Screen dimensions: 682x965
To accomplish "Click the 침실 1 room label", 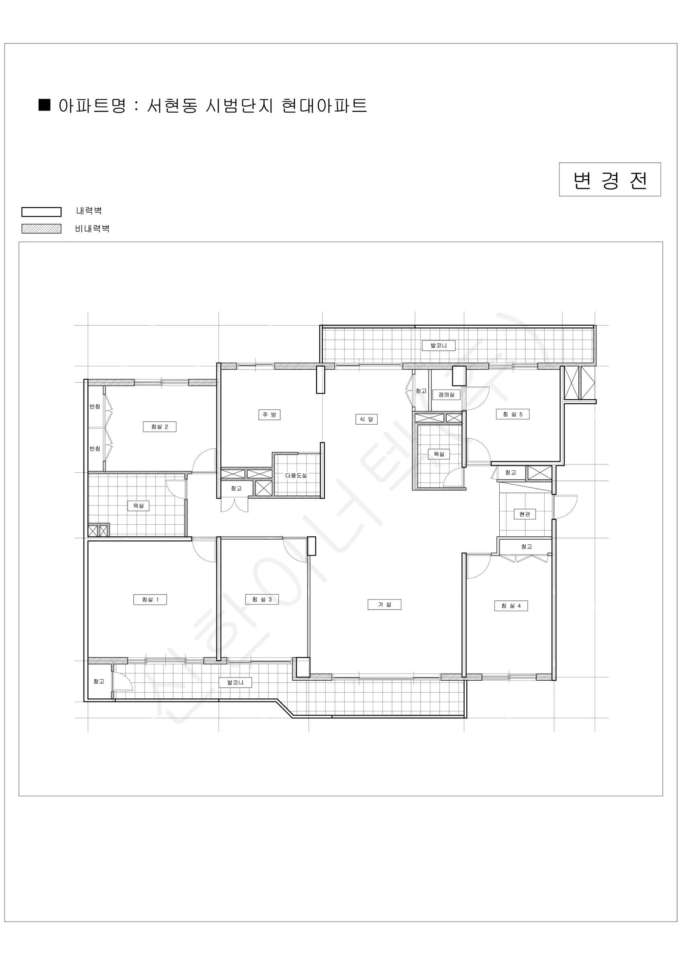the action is pyautogui.click(x=150, y=600).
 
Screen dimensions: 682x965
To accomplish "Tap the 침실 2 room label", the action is pyautogui.click(x=159, y=427).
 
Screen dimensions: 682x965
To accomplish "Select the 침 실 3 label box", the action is pyautogui.click(x=262, y=600).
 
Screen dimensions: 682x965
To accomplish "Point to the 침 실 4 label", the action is pyautogui.click(x=511, y=606).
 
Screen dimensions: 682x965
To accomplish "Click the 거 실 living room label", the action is pyautogui.click(x=384, y=604).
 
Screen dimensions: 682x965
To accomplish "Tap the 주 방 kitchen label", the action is pyautogui.click(x=269, y=415).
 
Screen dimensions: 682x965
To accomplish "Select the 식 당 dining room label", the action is pyautogui.click(x=366, y=419).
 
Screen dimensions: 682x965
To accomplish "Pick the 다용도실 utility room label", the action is pyautogui.click(x=296, y=475).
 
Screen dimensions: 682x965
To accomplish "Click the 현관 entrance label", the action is pyautogui.click(x=525, y=514).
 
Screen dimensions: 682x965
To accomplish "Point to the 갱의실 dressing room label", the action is pyautogui.click(x=446, y=395).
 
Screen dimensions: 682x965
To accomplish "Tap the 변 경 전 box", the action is pyautogui.click(x=610, y=179).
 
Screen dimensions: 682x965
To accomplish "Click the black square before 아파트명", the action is pyautogui.click(x=45, y=105).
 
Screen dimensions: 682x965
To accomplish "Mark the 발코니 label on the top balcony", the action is pyautogui.click(x=439, y=345).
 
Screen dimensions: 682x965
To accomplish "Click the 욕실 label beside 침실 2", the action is pyautogui.click(x=139, y=505).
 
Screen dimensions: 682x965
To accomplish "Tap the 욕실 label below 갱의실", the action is pyautogui.click(x=439, y=454).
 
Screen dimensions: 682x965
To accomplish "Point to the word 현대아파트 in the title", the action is pyautogui.click(x=325, y=105).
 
